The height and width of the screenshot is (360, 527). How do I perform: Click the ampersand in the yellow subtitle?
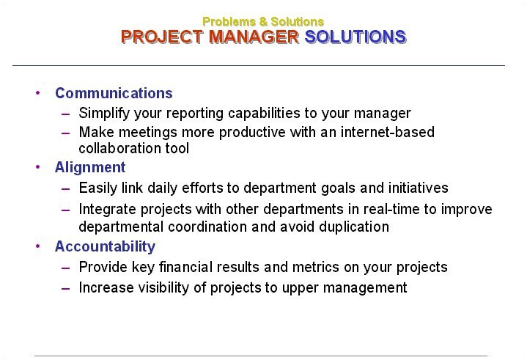coord(263,22)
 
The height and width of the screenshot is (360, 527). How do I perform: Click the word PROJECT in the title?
coord(162,37)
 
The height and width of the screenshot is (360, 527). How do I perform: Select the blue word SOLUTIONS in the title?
coord(355,37)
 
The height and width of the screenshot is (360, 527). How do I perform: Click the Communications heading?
coord(114,93)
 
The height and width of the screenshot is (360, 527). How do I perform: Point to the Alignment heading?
coord(90,167)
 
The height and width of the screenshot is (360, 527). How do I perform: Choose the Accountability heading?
coord(106,246)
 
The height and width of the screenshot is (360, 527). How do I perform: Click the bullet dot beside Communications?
coord(37,92)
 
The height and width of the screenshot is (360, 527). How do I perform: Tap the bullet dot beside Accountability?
coord(37,246)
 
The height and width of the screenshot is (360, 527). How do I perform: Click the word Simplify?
coord(104,113)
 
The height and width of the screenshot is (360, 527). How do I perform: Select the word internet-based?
coord(388,132)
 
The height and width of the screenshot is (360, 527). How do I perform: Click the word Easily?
coord(97,188)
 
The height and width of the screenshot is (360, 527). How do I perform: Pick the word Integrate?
coord(108,210)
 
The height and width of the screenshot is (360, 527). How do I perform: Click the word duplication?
coord(354,227)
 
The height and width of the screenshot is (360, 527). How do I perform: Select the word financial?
coord(186,267)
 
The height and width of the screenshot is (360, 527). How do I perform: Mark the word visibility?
coord(164,287)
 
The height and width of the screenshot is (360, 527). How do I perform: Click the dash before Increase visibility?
coord(66,288)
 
